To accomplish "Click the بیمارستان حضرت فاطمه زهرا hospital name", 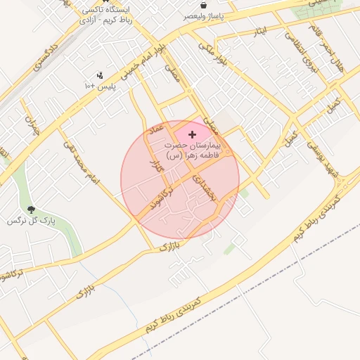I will (x=192, y=149).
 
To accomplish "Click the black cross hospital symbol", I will (x=193, y=134).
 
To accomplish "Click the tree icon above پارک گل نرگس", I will (x=31, y=210).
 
